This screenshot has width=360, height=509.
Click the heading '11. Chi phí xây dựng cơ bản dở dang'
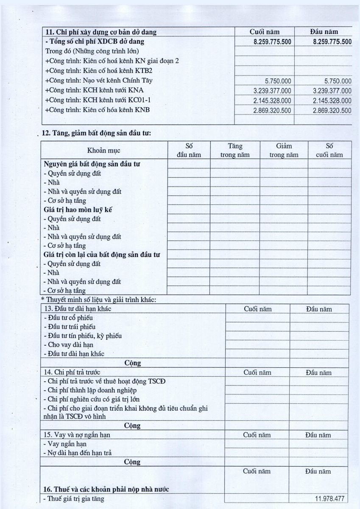(x=100, y=32)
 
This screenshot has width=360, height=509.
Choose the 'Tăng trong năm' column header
(x=235, y=151)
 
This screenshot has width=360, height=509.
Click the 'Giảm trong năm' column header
(x=284, y=151)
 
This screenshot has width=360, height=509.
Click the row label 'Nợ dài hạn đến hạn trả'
(x=80, y=453)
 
